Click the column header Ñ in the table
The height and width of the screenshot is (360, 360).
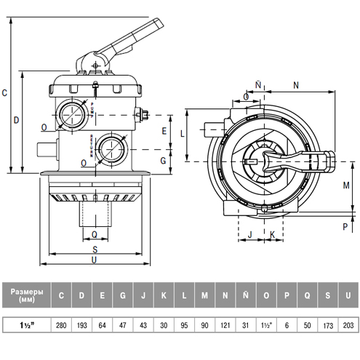(247, 295)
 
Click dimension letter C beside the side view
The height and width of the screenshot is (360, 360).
(5, 92)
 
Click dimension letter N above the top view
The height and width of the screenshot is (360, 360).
(295, 85)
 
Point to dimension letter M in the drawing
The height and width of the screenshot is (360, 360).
(346, 185)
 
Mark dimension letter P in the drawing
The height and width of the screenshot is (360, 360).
(345, 226)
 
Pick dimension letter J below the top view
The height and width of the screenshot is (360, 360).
(249, 234)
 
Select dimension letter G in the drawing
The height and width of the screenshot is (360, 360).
(164, 160)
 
